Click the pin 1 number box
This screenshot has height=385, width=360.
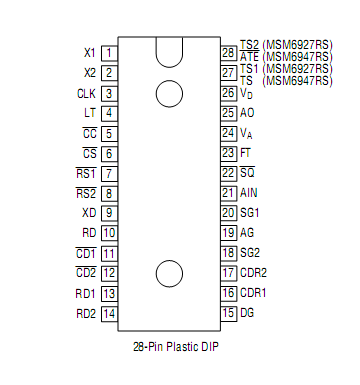[x=109, y=52]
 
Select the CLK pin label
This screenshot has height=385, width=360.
[x=86, y=93]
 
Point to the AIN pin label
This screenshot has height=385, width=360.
[x=249, y=192]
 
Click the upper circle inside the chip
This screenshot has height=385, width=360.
[x=169, y=93]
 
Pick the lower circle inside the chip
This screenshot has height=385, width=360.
[x=169, y=272]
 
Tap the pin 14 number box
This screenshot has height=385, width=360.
[x=109, y=313]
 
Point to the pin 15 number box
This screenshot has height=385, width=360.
[x=228, y=313]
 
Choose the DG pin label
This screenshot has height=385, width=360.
[x=247, y=313]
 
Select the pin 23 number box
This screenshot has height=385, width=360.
[x=228, y=152]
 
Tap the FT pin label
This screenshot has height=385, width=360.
[x=246, y=152]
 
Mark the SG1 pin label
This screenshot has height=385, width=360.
[x=250, y=212]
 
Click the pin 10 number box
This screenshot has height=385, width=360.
[x=109, y=233]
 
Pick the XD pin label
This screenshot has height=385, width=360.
[x=89, y=212]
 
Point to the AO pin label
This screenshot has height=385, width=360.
[x=247, y=113]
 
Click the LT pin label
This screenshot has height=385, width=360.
[x=90, y=113]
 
